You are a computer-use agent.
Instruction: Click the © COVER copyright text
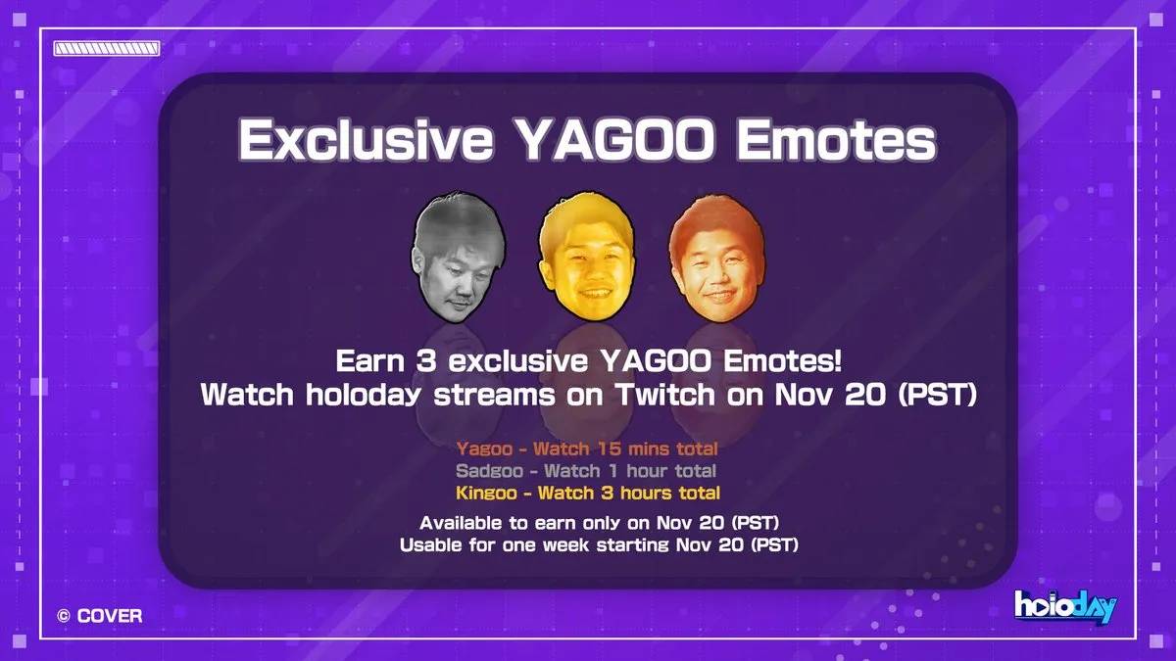[x=99, y=616]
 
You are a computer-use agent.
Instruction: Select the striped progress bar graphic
[x=106, y=48]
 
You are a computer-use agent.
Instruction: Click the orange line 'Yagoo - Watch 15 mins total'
[x=587, y=449]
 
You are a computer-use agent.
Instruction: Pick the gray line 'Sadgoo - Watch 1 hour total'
[x=587, y=471]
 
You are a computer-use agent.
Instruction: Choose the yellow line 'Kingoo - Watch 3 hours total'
[x=587, y=493]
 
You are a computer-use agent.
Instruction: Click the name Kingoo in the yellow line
[x=487, y=493]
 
